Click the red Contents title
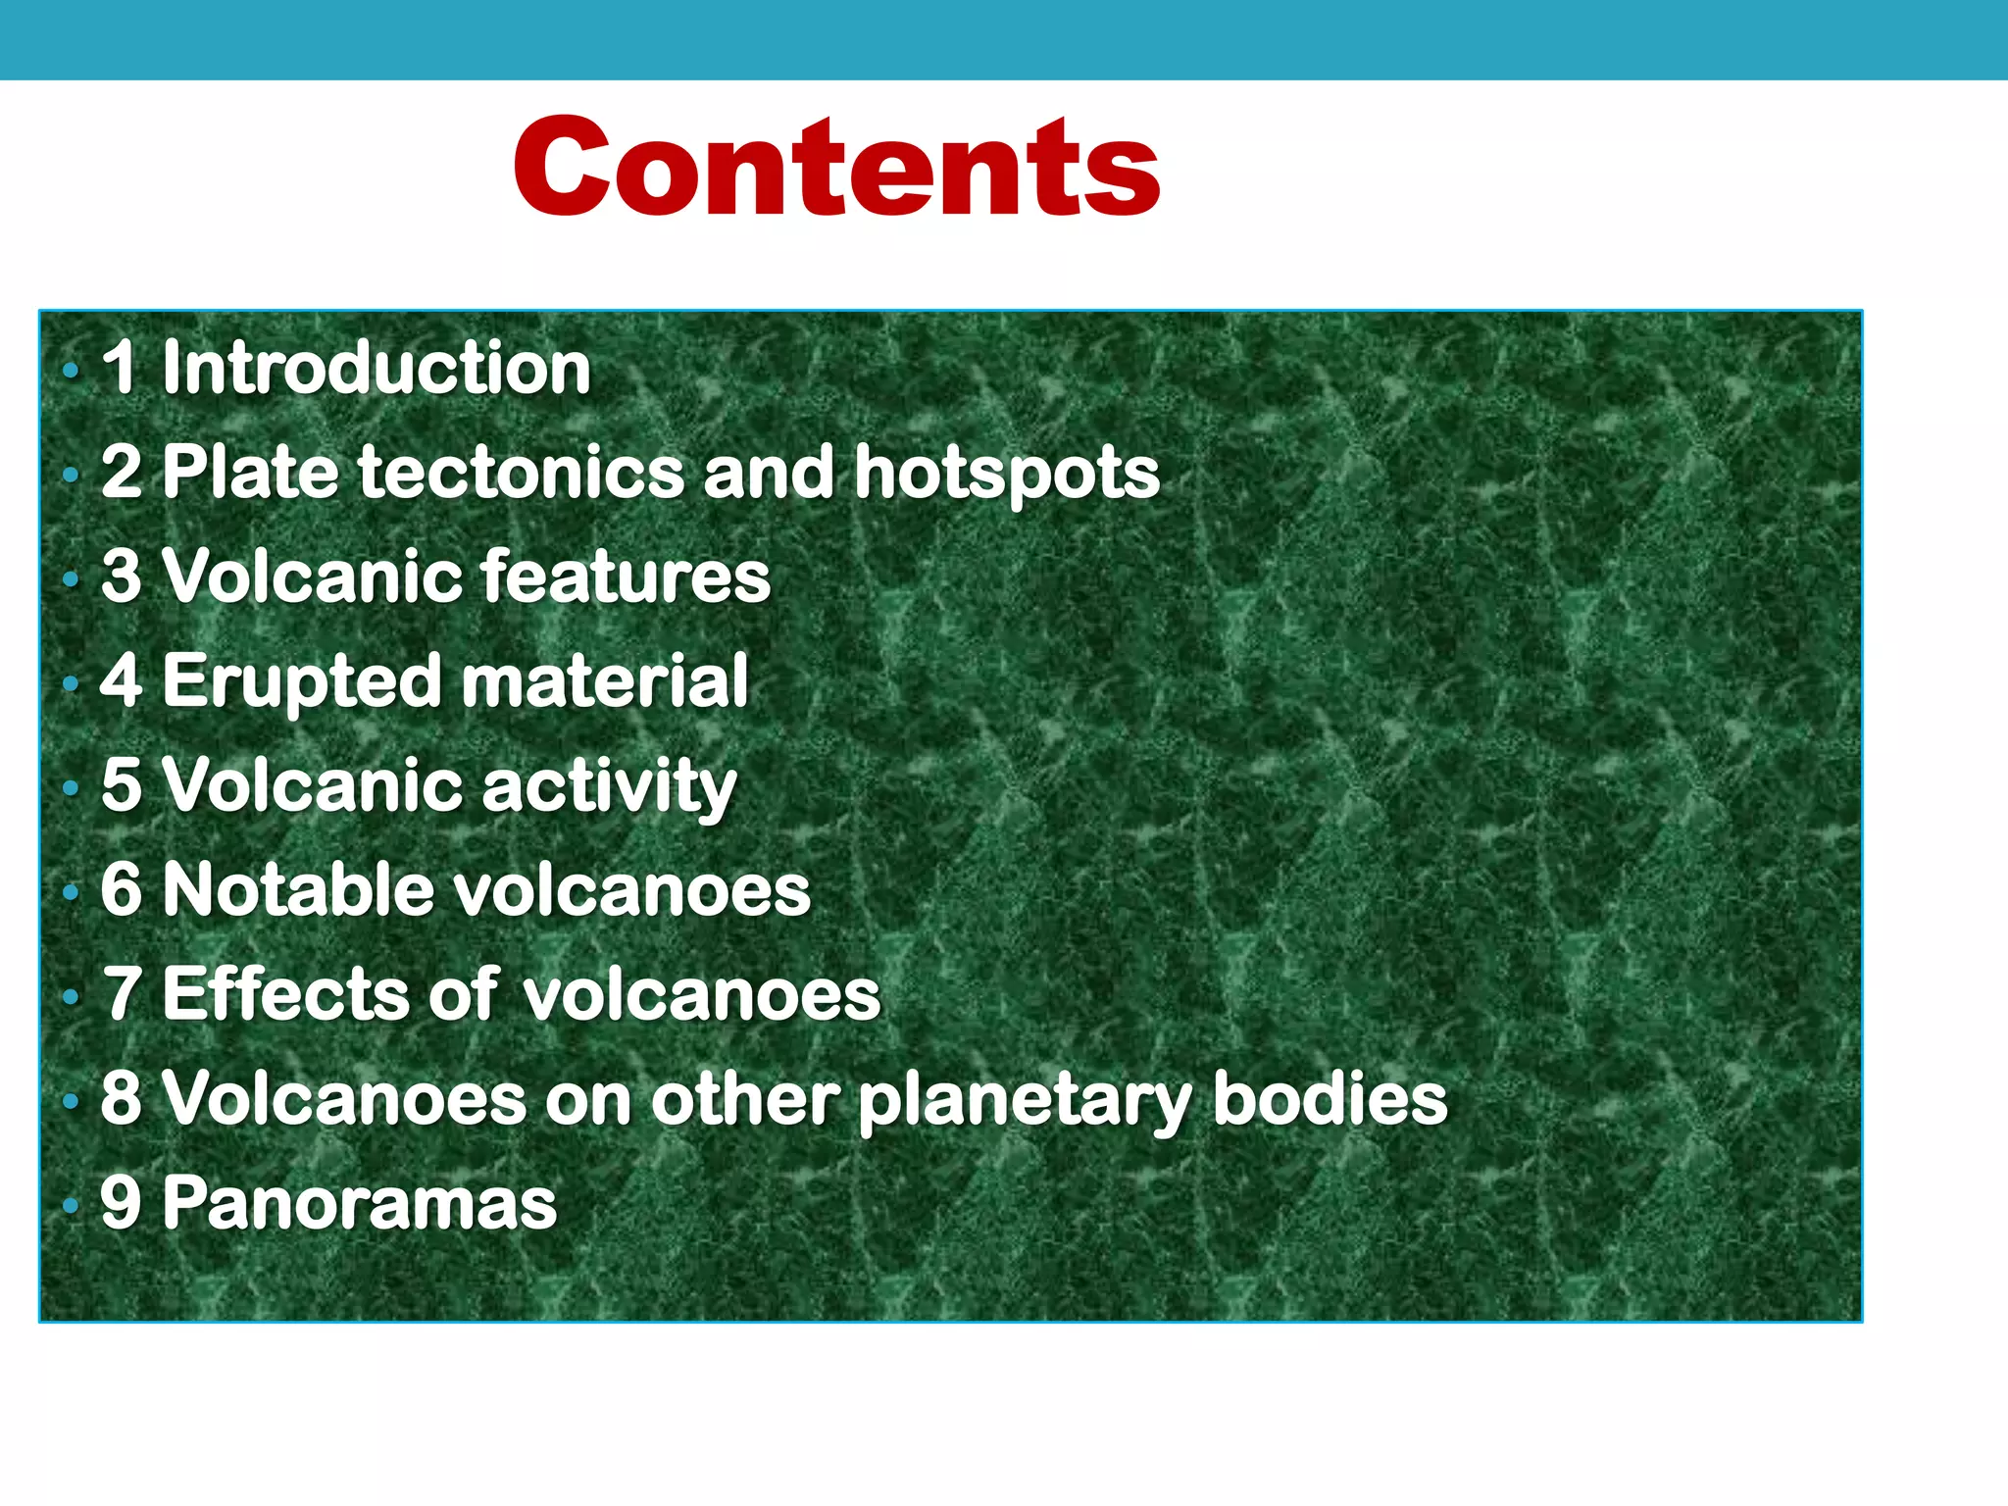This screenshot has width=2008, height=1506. pos(836,167)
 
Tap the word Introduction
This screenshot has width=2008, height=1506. pos(376,368)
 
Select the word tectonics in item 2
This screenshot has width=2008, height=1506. pos(525,472)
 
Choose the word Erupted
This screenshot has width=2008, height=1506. pos(302,681)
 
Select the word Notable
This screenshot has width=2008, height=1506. pos(298,889)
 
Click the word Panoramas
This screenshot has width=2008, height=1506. pos(359,1203)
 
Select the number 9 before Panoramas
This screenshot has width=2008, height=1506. pos(121,1202)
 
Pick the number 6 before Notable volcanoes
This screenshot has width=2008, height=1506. pos(121,889)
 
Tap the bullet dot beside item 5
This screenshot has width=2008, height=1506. pos(70,787)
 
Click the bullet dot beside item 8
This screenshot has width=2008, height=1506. pos(70,1101)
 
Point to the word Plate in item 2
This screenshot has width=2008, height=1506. pos(251,472)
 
